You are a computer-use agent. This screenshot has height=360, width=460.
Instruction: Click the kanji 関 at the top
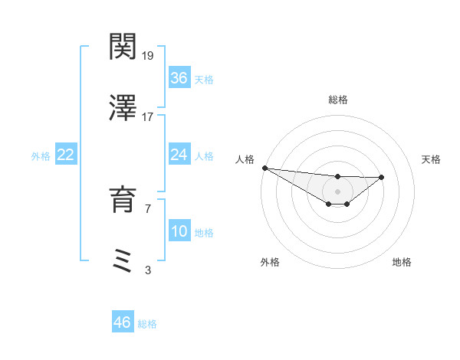click(123, 47)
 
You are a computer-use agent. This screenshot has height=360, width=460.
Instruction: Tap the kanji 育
click(123, 201)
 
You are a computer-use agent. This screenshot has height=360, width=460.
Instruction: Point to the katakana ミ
click(123, 260)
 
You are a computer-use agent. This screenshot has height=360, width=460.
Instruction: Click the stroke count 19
click(148, 56)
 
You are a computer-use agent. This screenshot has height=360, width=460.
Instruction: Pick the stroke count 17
click(148, 116)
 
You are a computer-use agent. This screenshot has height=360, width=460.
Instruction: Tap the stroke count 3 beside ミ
click(148, 269)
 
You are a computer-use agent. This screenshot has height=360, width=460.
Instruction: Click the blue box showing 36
click(179, 78)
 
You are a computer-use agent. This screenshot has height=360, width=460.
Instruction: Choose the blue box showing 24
click(179, 155)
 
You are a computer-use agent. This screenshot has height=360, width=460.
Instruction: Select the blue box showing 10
click(179, 231)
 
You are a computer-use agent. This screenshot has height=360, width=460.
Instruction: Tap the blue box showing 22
click(66, 155)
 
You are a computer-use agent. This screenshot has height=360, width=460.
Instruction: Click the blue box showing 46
click(123, 322)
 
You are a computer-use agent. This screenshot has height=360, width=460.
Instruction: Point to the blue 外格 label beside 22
click(41, 155)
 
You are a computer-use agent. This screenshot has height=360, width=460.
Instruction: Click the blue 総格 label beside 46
click(147, 323)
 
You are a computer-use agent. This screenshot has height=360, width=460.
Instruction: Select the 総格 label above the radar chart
click(337, 100)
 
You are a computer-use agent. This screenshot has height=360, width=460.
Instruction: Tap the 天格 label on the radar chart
click(432, 159)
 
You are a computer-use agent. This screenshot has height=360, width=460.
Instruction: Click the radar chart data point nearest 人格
click(264, 168)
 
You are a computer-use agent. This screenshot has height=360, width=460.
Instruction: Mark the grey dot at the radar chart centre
click(337, 191)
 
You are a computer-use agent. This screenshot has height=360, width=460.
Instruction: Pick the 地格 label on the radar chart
click(402, 262)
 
